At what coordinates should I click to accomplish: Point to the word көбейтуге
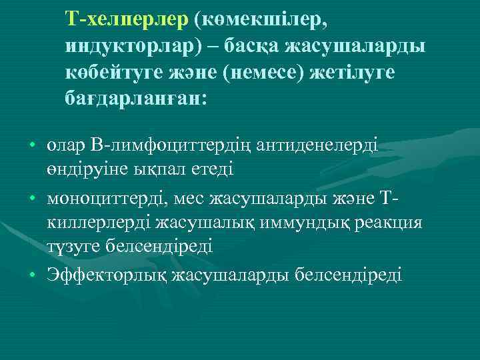[x=109, y=73]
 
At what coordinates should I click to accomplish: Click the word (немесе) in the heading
[x=267, y=73]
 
